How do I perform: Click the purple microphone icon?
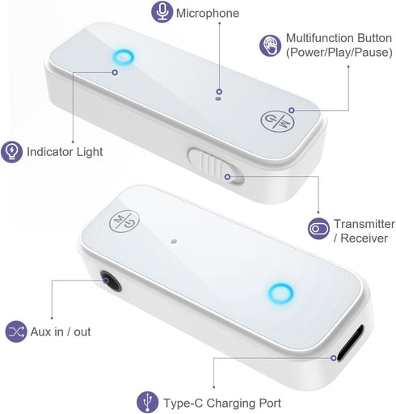(x=162, y=11)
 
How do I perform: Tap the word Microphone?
(x=208, y=13)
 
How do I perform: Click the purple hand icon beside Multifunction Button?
(x=270, y=45)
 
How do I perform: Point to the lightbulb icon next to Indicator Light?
(x=11, y=152)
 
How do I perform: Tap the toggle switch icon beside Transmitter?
(x=318, y=229)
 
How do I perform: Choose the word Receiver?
(x=364, y=239)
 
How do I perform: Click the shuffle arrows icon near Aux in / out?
(x=16, y=332)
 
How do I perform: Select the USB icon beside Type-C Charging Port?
(x=147, y=402)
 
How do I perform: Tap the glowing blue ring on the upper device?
(x=123, y=57)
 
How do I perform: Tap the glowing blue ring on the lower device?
(x=280, y=294)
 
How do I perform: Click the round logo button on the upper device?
(x=277, y=121)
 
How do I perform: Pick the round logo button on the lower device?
(x=124, y=221)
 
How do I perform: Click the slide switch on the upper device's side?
(x=216, y=166)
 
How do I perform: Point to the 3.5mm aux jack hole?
(x=111, y=281)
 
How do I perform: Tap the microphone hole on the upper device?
(x=218, y=99)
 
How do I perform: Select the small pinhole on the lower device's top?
(x=174, y=241)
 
